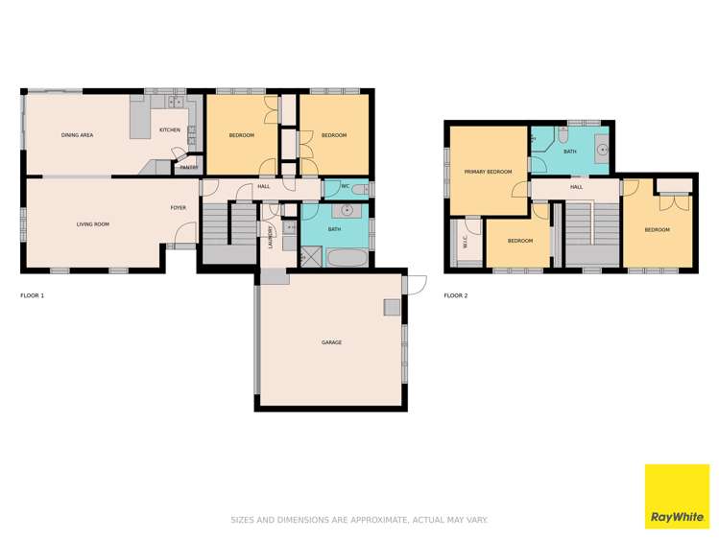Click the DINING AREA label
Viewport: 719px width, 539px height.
pos(77,135)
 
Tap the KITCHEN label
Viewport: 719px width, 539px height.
pos(169,129)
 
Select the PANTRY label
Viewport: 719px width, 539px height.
pos(189,167)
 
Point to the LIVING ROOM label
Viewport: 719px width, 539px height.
pos(93,224)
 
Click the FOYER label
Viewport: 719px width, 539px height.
pos(179,207)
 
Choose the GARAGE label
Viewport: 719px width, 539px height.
pos(331,342)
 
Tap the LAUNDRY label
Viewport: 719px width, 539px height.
pos(272,236)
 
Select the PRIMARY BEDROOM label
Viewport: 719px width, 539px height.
pos(488,172)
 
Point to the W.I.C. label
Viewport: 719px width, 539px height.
pos(465,245)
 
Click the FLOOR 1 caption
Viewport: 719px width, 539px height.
pos(32,295)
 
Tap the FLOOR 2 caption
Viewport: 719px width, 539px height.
pos(455,295)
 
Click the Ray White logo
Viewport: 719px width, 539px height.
pos(676,496)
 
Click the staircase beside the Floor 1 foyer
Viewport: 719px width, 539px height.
pos(228,235)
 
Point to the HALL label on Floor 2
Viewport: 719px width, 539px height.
pos(576,187)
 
